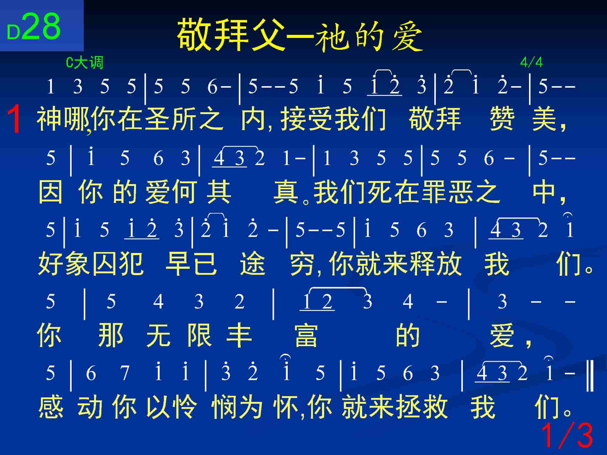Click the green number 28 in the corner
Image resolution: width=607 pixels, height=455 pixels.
[41, 26]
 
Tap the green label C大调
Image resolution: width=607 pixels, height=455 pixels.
[85, 63]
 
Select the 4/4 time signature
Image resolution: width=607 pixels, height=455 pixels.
[531, 62]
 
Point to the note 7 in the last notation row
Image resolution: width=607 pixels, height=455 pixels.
[125, 373]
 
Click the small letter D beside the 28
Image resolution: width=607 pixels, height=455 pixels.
[14, 33]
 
